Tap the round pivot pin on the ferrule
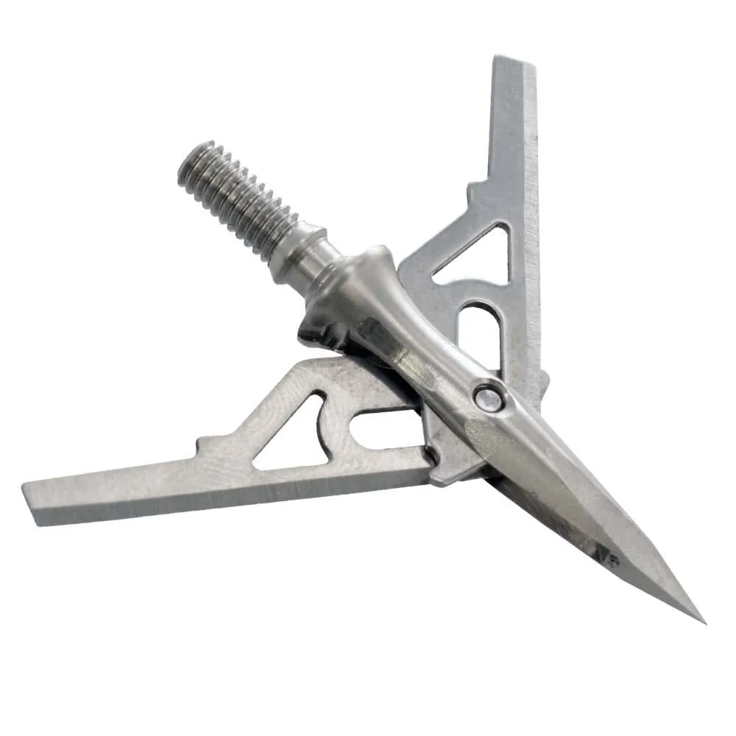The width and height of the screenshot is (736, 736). point(488,398)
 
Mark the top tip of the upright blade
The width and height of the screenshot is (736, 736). point(515,61)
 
